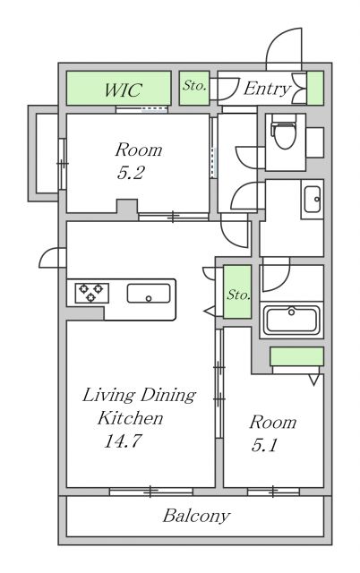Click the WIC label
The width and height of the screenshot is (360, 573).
coord(123,90)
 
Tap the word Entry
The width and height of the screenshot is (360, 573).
coord(268,89)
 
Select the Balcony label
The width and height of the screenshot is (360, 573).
coord(196,516)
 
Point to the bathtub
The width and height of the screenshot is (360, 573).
coord(292,321)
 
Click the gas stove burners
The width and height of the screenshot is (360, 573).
coord(91,293)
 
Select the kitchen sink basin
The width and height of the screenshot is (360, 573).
coord(149,294)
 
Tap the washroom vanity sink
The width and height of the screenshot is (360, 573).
coord(313,199)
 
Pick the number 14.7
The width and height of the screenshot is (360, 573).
coord(123,440)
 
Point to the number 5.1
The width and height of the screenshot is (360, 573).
coord(265,445)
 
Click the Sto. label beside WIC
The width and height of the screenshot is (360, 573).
coord(194,86)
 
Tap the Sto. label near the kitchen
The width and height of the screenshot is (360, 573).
coord(238,295)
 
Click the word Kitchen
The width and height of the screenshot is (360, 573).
coord(130,418)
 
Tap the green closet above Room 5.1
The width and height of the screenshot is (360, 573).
coord(296,356)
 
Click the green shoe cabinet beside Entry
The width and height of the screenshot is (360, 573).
coord(315,88)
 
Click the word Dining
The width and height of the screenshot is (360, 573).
coord(168,396)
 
